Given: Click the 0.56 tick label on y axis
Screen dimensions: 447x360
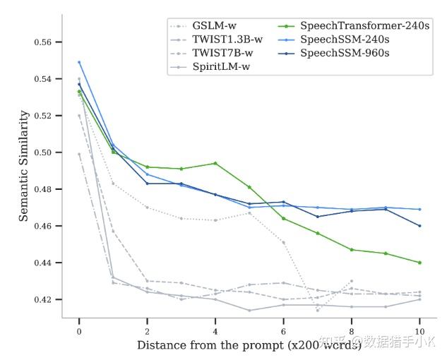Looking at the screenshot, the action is coord(43,42).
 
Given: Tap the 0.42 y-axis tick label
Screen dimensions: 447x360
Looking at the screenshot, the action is coord(43,299).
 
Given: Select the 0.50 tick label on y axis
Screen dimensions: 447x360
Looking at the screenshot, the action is coord(43,152).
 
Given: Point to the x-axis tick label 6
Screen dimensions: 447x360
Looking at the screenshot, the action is coord(283,332).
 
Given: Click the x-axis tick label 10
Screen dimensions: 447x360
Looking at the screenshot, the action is coord(419,332).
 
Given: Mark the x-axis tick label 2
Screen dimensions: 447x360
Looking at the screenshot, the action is coord(147,332).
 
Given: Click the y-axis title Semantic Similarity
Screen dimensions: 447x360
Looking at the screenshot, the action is coord(24,166).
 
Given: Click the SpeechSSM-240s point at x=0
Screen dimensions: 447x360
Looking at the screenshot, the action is coord(79,62).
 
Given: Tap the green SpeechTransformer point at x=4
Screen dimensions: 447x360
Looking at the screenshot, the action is coord(215,163).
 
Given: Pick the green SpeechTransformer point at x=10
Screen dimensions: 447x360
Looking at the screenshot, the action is coord(419,263).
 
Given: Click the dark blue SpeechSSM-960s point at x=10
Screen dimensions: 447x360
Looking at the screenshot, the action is coord(419,226).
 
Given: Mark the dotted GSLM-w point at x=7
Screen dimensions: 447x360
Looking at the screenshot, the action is coord(318,311).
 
